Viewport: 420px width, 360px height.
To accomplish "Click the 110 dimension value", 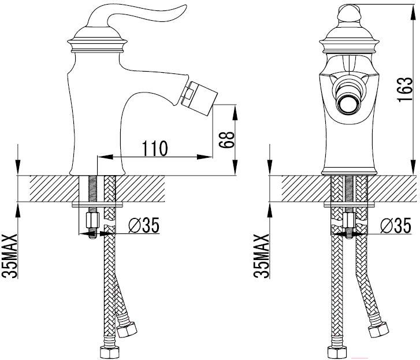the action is [x=155, y=148].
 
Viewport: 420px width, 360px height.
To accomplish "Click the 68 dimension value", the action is [x=226, y=140].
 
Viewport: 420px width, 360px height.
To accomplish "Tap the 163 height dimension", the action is [x=405, y=90].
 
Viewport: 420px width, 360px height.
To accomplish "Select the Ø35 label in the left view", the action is [x=144, y=225].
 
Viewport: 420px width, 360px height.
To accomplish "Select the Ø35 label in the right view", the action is [x=395, y=225].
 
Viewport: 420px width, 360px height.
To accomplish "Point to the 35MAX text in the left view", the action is [x=10, y=256].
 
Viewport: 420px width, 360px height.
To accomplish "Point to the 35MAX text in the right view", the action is [x=262, y=256].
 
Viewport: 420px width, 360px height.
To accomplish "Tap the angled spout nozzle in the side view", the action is [x=199, y=98].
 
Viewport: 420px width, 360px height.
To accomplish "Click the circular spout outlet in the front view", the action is [x=348, y=104].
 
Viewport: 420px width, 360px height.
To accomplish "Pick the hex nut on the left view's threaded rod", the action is [x=92, y=220].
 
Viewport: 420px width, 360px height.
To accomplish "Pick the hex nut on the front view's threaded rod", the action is [x=349, y=220].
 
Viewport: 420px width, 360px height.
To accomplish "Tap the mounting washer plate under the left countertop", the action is [x=98, y=205].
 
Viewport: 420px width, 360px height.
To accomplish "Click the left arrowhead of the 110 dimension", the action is [x=105, y=157].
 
